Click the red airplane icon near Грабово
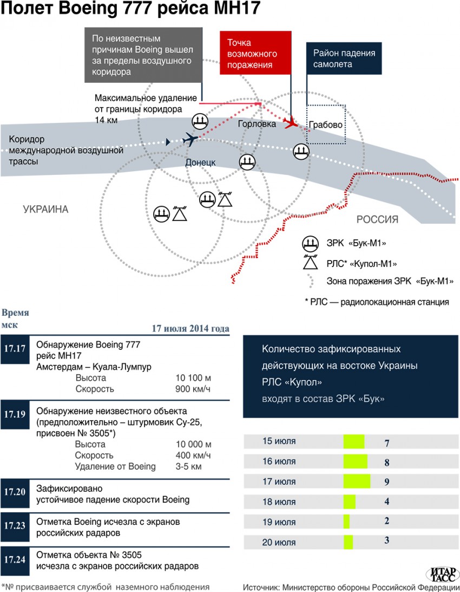pyautogui.click(x=291, y=122)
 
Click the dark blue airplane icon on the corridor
pyautogui.click(x=189, y=139)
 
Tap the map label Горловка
pyautogui.click(x=257, y=124)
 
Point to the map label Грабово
pyautogui.click(x=326, y=125)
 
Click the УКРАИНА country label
pyautogui.click(x=46, y=210)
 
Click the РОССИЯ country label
pyautogui.click(x=377, y=219)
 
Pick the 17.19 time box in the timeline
pyautogui.click(x=15, y=414)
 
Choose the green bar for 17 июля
pyautogui.click(x=357, y=482)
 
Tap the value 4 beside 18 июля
pyautogui.click(x=387, y=502)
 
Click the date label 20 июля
pyautogui.click(x=279, y=542)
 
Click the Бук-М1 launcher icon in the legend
pyautogui.click(x=311, y=243)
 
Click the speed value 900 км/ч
pyautogui.click(x=193, y=389)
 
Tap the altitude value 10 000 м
pyautogui.click(x=193, y=444)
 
